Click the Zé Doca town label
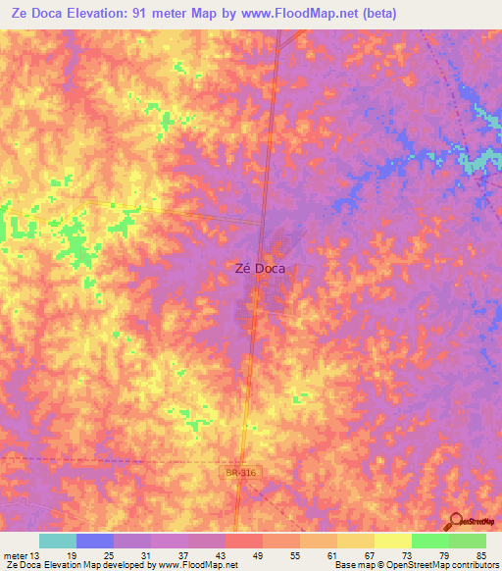pyautogui.click(x=258, y=266)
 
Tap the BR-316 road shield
pyautogui.click(x=239, y=473)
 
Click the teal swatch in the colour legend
pyautogui.click(x=58, y=541)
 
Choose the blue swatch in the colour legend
pyautogui.click(x=95, y=541)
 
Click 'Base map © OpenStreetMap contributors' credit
pyautogui.click(x=414, y=565)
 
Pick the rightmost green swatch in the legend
pyautogui.click(x=468, y=541)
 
